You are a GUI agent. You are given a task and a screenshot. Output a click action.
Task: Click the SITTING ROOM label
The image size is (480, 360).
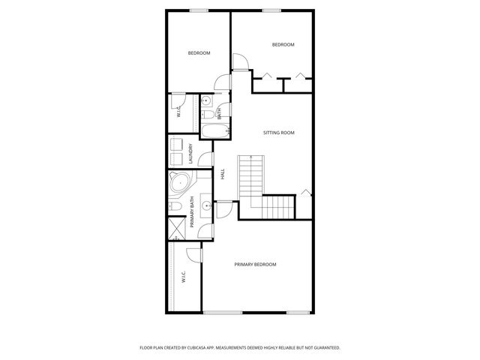tap(278, 133)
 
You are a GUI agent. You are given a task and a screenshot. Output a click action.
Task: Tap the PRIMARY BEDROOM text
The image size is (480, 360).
tap(255, 265)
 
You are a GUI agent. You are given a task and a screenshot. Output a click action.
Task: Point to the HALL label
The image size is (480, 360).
tap(223, 173)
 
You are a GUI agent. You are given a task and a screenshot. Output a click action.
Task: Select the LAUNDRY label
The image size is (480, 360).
tap(191, 154)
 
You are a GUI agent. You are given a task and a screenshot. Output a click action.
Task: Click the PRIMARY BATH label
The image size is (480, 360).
tap(192, 212)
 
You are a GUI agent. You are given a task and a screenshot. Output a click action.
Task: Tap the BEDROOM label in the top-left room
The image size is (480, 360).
tap(199, 52)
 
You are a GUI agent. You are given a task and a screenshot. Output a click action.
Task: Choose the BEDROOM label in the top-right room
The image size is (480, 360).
tap(283, 45)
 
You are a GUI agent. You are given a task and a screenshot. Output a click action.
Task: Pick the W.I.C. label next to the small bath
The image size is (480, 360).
tap(179, 112)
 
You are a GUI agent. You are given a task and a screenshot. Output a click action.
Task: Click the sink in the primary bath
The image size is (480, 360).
tap(205, 205)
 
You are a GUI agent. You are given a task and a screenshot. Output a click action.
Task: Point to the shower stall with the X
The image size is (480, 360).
tap(176, 227)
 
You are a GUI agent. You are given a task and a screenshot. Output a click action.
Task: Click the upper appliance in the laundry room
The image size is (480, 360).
tap(176, 144)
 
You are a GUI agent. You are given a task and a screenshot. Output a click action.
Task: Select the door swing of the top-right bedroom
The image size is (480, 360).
tap(240, 63)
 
